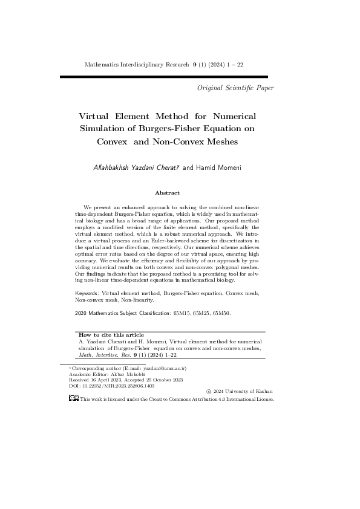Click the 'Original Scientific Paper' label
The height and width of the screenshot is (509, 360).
[x=235, y=88]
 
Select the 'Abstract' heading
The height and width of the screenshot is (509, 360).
[x=167, y=193]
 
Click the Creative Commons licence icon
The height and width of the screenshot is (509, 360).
[x=73, y=399]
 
